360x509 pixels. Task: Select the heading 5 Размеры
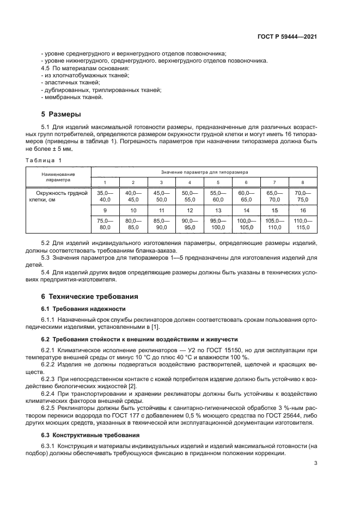61,115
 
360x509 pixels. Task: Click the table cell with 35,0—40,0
105,197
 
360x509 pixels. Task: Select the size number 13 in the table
218,210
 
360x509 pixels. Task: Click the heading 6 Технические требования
86,297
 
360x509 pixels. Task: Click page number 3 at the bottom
316,464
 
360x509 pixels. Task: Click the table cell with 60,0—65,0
246,197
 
